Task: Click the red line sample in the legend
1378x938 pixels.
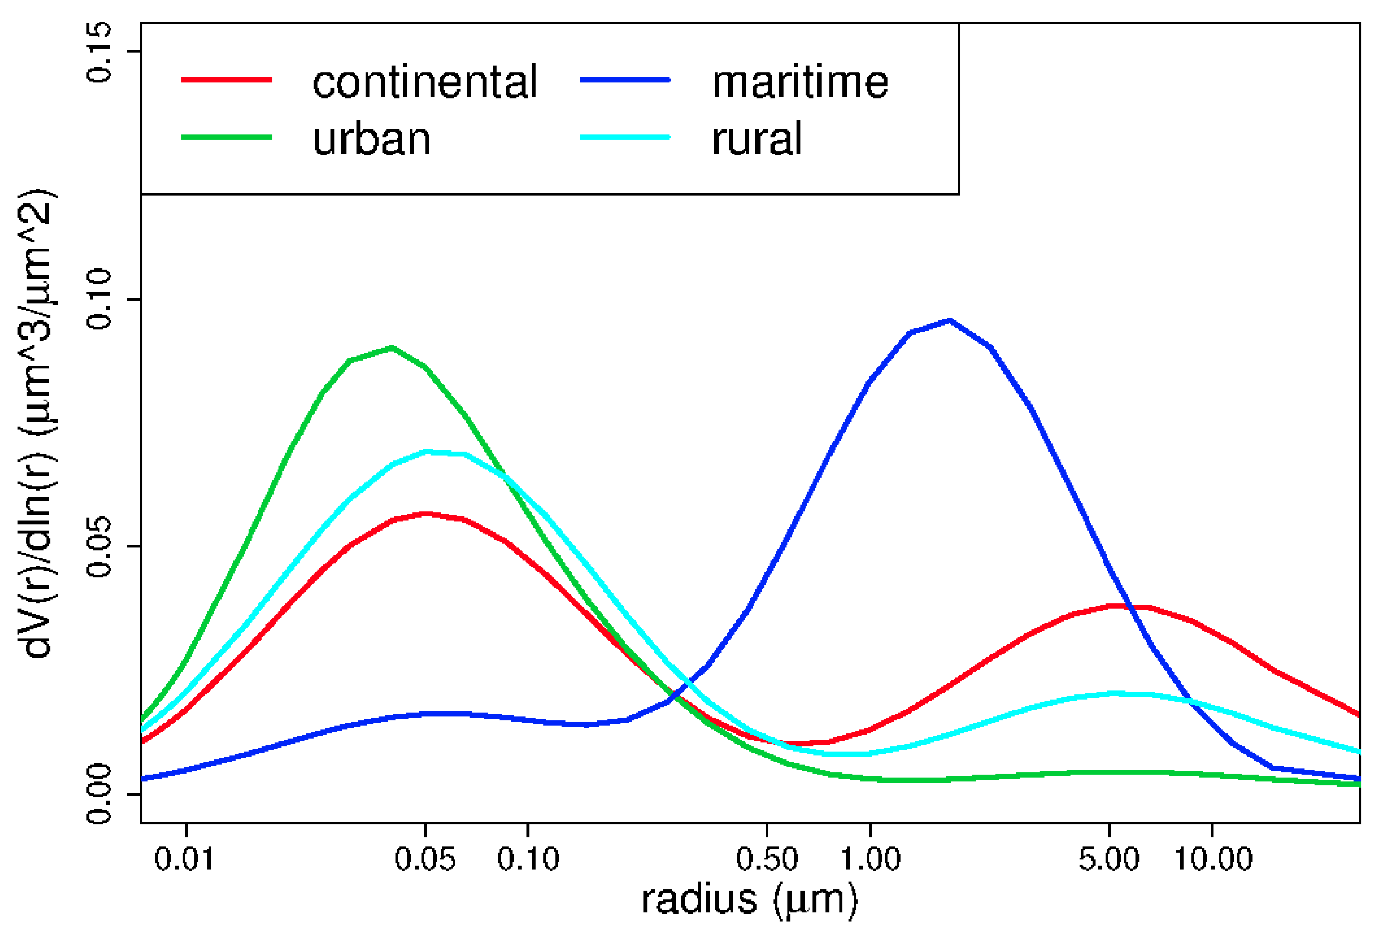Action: click(227, 79)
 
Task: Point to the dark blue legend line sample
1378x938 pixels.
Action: click(625, 79)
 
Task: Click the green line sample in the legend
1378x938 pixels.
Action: click(227, 137)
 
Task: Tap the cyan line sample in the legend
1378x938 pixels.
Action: click(625, 137)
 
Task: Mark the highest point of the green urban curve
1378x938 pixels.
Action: click(392, 348)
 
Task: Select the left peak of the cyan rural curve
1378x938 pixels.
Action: click(427, 452)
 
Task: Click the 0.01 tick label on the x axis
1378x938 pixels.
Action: click(184, 859)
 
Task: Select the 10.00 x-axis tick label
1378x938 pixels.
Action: click(1213, 859)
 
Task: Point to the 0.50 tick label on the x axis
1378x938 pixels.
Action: click(767, 859)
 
